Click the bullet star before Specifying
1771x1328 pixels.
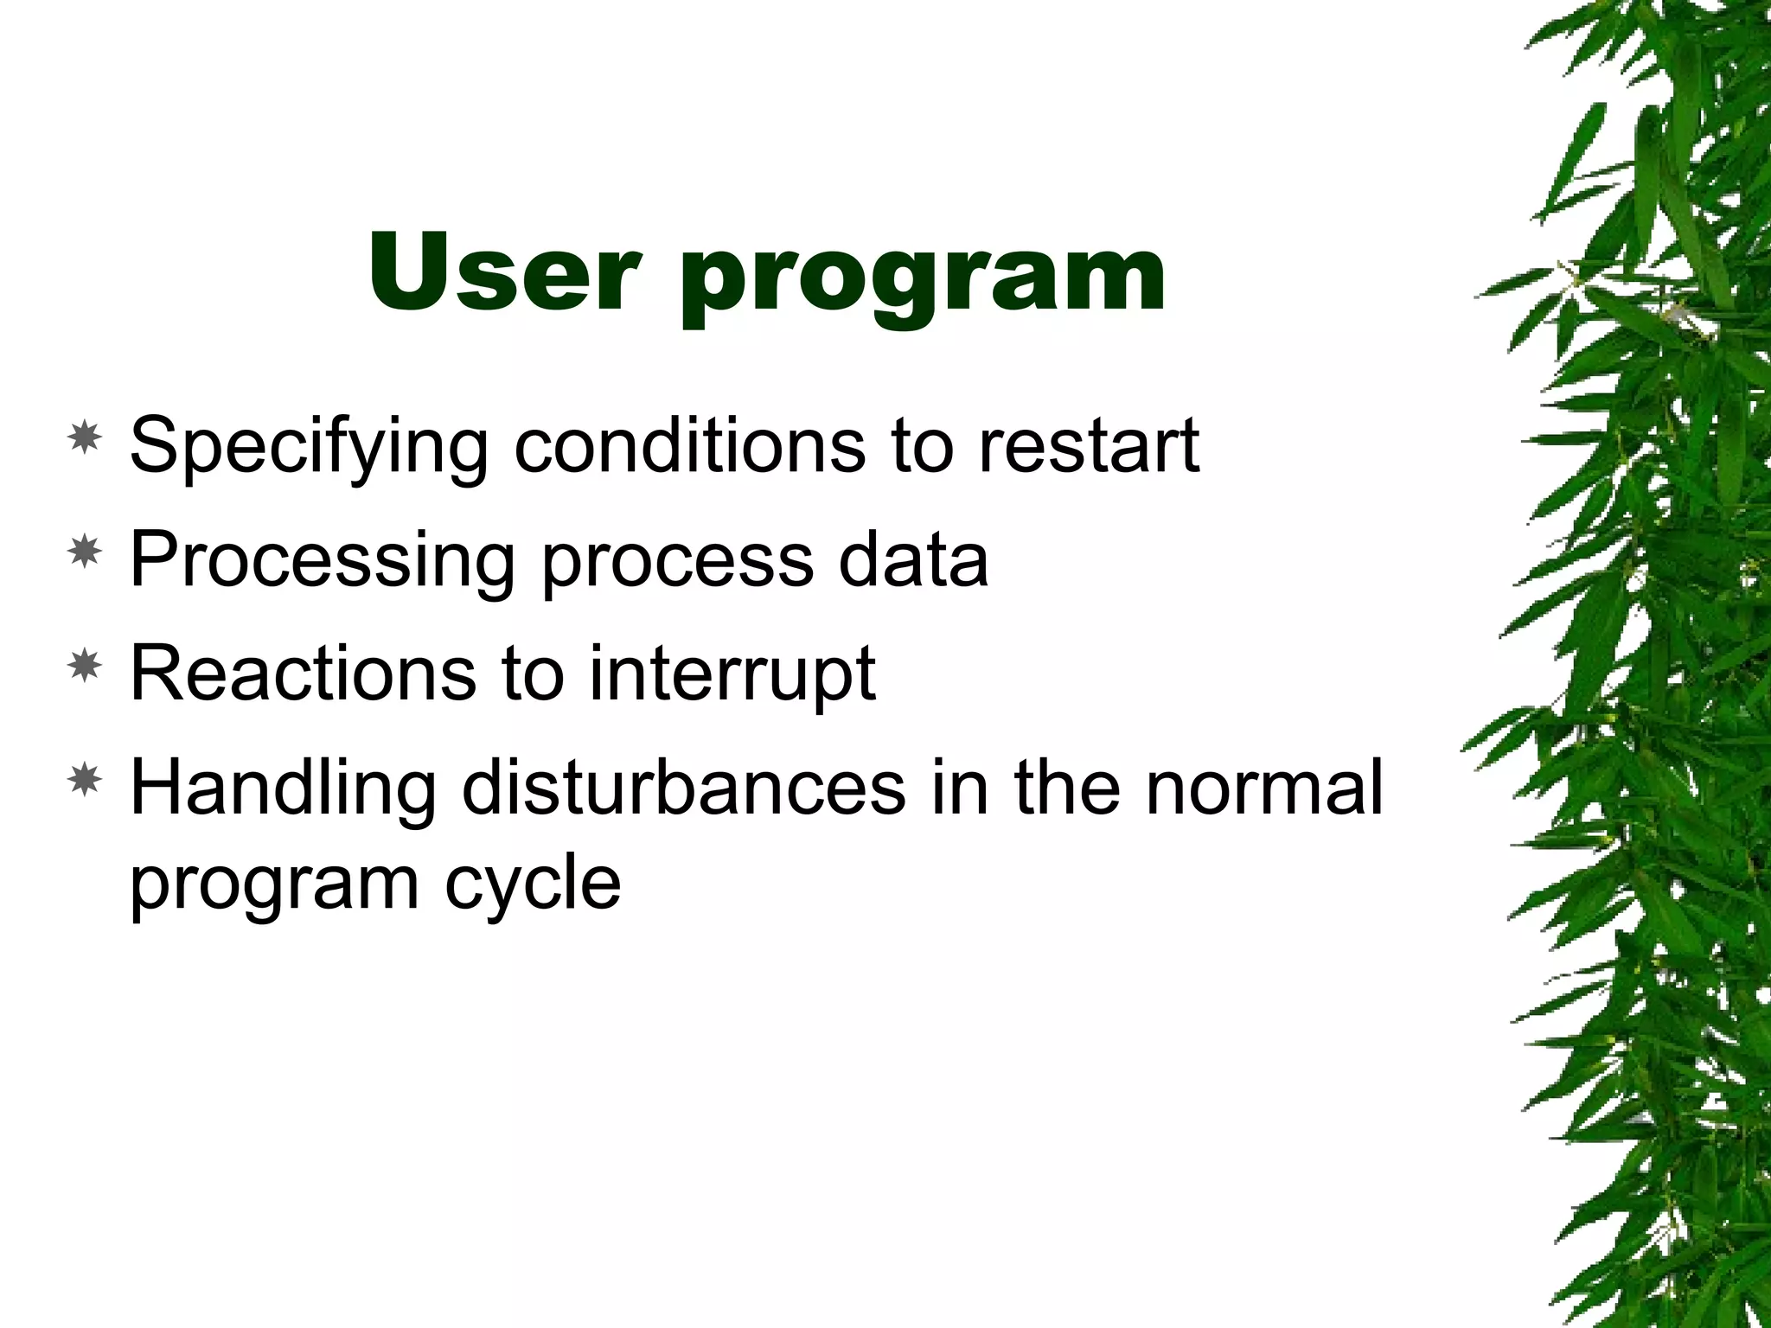tap(85, 439)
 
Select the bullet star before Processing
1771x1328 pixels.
tap(85, 552)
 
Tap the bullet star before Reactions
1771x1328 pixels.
tap(85, 666)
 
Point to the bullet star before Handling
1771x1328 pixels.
tap(85, 780)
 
